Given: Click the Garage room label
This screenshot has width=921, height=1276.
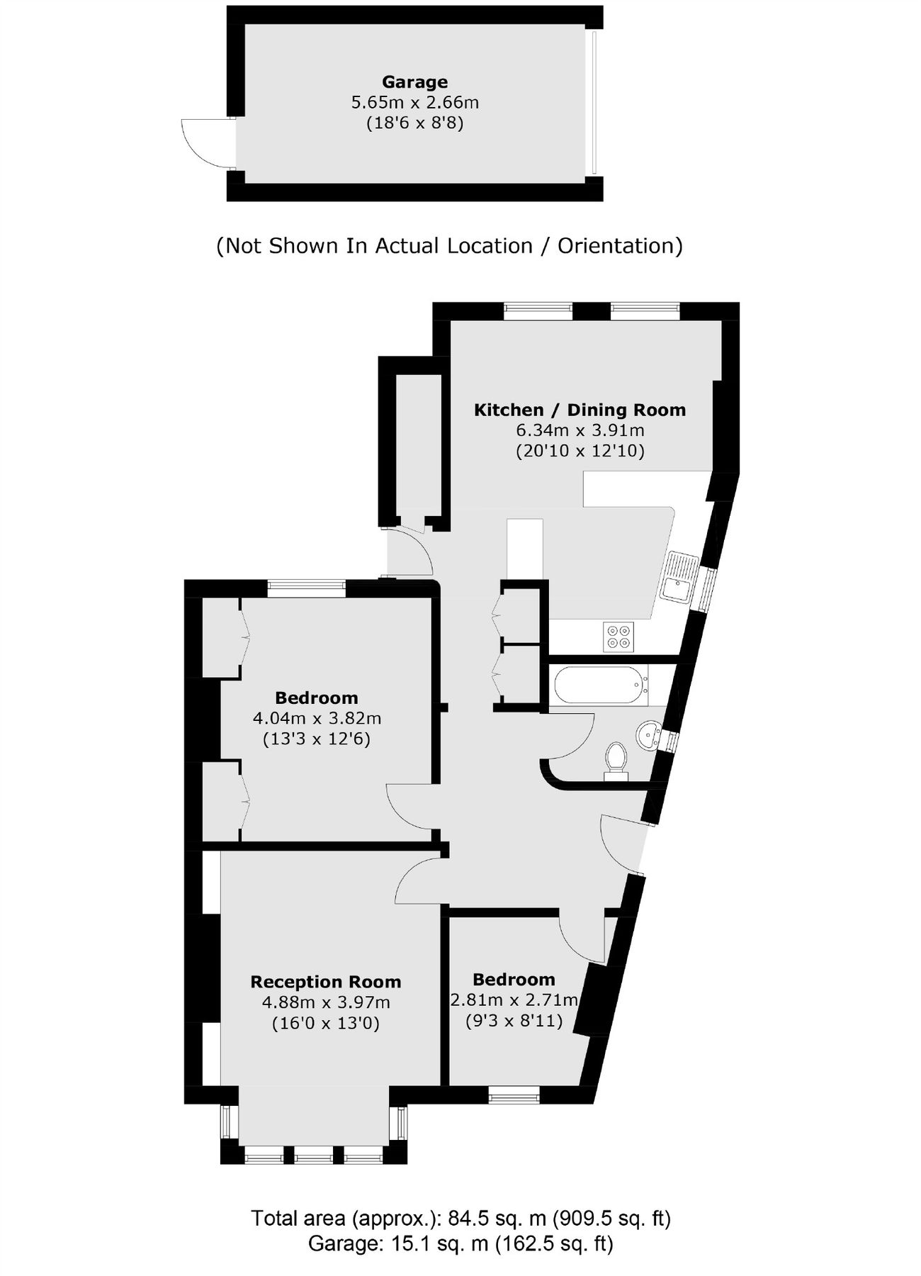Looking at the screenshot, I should click(x=414, y=82).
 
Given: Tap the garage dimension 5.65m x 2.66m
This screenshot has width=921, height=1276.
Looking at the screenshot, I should click(x=414, y=102).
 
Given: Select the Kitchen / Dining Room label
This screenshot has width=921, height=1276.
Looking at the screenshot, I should click(x=580, y=410).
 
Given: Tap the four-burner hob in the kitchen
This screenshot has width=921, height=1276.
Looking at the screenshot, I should click(x=618, y=636).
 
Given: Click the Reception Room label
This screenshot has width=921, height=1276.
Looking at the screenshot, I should click(x=326, y=982).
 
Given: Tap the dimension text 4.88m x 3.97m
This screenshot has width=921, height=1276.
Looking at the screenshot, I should click(x=326, y=1002).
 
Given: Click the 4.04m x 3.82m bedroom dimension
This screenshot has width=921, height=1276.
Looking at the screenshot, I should click(x=317, y=718).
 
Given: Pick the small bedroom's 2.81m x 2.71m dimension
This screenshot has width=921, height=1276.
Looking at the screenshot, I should click(x=514, y=1000).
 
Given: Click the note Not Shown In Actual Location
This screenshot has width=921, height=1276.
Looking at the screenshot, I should click(x=449, y=246).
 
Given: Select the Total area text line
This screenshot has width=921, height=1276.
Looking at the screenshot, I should click(x=460, y=1219).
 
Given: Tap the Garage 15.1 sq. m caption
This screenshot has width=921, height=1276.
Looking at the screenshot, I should click(x=460, y=1243).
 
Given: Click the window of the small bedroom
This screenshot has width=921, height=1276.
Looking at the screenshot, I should click(x=514, y=1096).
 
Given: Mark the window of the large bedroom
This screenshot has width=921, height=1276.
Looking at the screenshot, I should click(x=306, y=586).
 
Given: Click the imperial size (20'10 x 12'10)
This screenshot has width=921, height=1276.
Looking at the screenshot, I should click(x=580, y=451).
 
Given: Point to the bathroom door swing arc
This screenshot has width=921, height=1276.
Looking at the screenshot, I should click(x=577, y=741).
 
